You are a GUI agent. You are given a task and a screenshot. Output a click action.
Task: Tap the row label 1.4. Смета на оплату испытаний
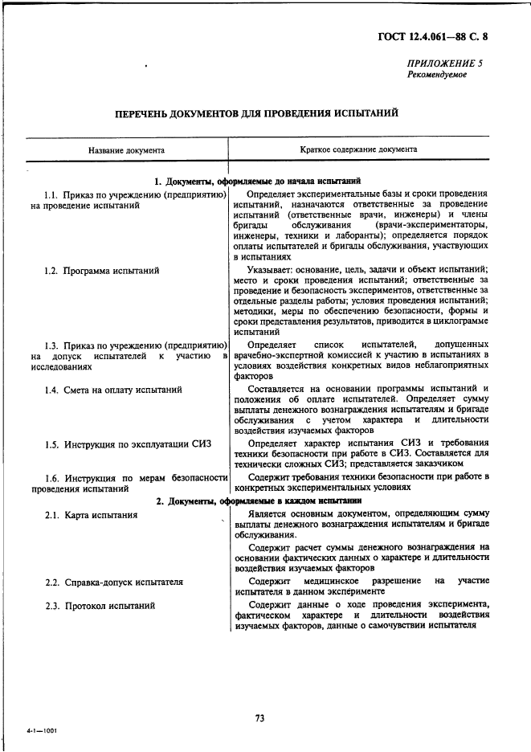113,390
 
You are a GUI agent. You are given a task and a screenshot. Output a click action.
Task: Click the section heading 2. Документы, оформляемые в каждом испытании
258,501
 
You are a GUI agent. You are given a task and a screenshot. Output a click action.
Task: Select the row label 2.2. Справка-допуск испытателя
114,582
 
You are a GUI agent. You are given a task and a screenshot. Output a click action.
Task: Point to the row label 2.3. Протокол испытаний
100,605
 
